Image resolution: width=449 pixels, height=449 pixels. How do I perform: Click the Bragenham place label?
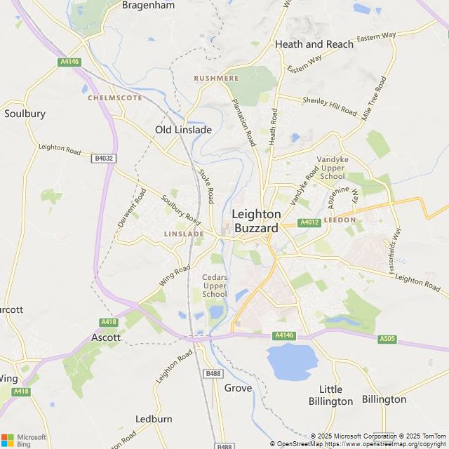pyautogui.click(x=149, y=5)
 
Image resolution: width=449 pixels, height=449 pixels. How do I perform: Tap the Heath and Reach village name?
pyautogui.click(x=314, y=43)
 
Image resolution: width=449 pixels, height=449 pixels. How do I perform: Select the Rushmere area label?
pyautogui.click(x=217, y=79)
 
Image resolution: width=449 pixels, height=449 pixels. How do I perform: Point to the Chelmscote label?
pyautogui.click(x=114, y=98)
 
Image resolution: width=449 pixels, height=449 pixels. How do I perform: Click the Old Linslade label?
pyautogui.click(x=183, y=129)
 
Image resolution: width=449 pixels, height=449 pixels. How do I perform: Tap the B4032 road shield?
pyautogui.click(x=102, y=159)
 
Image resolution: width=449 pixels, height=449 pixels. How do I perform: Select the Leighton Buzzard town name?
pyautogui.click(x=256, y=221)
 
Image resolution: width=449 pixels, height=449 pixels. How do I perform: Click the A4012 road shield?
pyautogui.click(x=309, y=222)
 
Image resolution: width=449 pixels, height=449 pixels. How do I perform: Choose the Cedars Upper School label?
pyautogui.click(x=215, y=286)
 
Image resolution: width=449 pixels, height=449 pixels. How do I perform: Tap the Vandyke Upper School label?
pyautogui.click(x=332, y=168)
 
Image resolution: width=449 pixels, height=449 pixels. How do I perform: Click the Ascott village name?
pyautogui.click(x=106, y=337)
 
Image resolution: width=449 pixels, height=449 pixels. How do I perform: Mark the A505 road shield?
pyautogui.click(x=387, y=339)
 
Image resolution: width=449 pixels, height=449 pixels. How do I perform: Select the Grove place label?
pyautogui.click(x=238, y=387)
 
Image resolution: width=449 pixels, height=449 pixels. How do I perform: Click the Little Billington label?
pyautogui.click(x=330, y=395)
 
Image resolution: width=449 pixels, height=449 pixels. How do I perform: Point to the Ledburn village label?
pyautogui.click(x=154, y=419)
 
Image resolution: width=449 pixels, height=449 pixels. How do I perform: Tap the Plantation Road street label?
pyautogui.click(x=243, y=121)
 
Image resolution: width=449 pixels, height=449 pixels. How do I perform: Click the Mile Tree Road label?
pyautogui.click(x=374, y=99)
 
